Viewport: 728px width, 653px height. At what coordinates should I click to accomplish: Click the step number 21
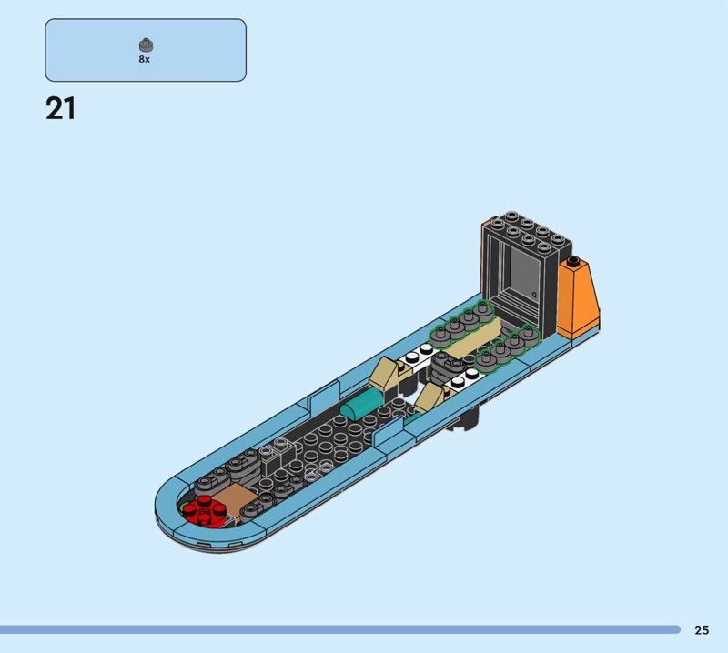coord(60,109)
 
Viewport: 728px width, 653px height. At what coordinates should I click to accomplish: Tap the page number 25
coord(702,629)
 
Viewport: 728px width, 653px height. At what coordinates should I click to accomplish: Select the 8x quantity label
coord(145,59)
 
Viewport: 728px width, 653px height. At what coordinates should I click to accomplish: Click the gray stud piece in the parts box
coord(146,45)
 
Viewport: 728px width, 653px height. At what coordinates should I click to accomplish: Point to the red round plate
coord(205,510)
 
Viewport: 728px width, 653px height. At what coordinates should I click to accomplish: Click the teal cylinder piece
coord(361,402)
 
